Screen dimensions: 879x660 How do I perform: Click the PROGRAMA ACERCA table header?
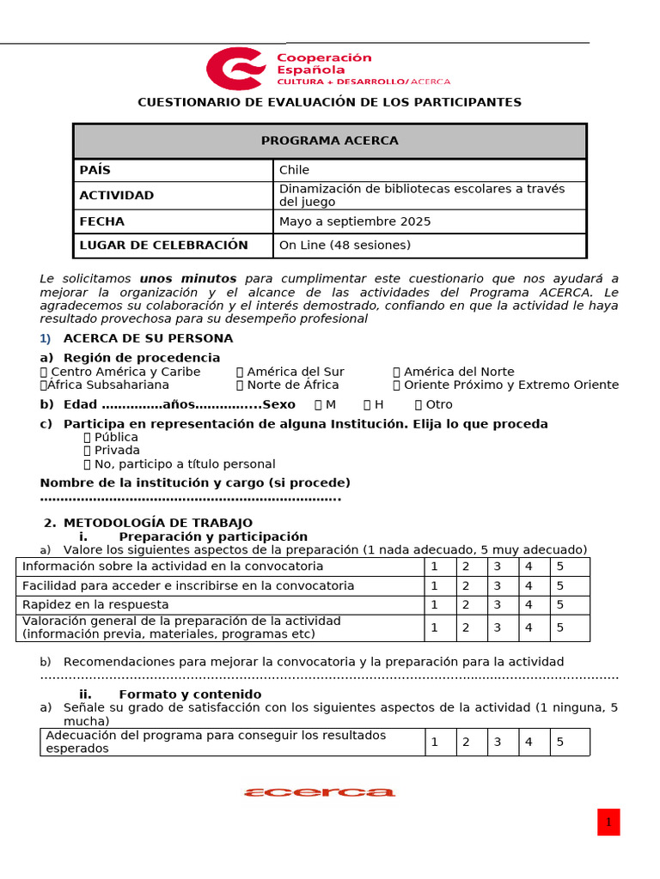(329, 141)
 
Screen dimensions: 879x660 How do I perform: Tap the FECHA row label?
(102, 221)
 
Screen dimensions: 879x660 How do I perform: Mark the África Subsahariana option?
(44, 385)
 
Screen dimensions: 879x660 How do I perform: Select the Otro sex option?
(419, 404)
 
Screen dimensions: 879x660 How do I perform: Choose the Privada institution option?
(88, 451)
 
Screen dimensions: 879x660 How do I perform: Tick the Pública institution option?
(88, 437)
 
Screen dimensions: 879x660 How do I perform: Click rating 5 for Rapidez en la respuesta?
(560, 605)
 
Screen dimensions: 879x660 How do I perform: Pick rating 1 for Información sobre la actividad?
(435, 567)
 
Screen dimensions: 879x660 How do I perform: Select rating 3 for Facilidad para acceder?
(497, 586)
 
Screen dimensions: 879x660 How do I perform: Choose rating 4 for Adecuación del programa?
(529, 743)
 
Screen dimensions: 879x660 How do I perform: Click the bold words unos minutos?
(187, 279)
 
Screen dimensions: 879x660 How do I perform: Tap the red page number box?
(608, 822)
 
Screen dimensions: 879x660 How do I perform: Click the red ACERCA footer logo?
(320, 792)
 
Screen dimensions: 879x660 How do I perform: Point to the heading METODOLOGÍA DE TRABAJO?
(158, 523)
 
